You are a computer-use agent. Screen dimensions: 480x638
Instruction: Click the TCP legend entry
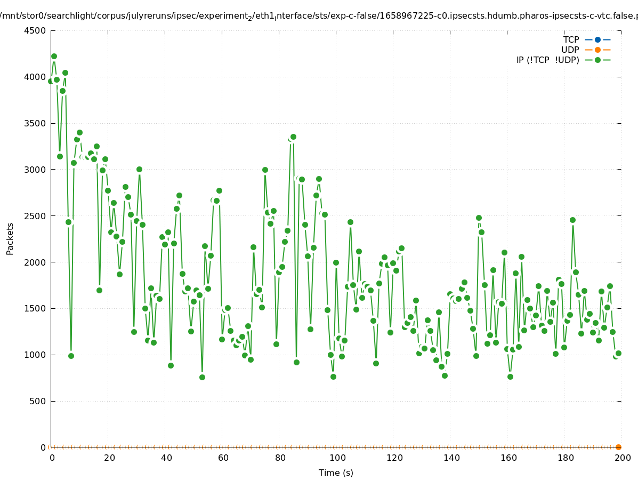click(571, 39)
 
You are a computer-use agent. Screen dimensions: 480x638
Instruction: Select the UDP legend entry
click(570, 50)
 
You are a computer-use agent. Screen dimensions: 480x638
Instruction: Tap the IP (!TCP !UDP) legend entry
click(547, 60)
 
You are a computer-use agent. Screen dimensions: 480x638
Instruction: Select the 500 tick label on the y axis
click(37, 401)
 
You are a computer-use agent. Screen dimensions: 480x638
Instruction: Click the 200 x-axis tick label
click(622, 458)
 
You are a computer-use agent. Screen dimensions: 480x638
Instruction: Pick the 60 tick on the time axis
click(222, 458)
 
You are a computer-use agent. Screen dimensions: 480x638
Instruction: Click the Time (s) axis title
click(336, 473)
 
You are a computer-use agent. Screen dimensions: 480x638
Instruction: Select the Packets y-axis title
click(10, 239)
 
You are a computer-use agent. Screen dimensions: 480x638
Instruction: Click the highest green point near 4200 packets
click(54, 56)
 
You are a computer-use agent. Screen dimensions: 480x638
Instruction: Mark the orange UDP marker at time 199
click(618, 447)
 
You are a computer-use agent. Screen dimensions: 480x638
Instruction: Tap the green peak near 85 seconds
click(293, 137)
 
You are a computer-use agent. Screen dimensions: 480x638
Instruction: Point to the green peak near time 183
click(572, 220)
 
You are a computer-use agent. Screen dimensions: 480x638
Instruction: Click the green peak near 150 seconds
click(479, 218)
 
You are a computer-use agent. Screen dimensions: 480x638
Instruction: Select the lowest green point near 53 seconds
click(202, 377)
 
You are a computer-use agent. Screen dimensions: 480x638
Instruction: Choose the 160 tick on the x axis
click(507, 458)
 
